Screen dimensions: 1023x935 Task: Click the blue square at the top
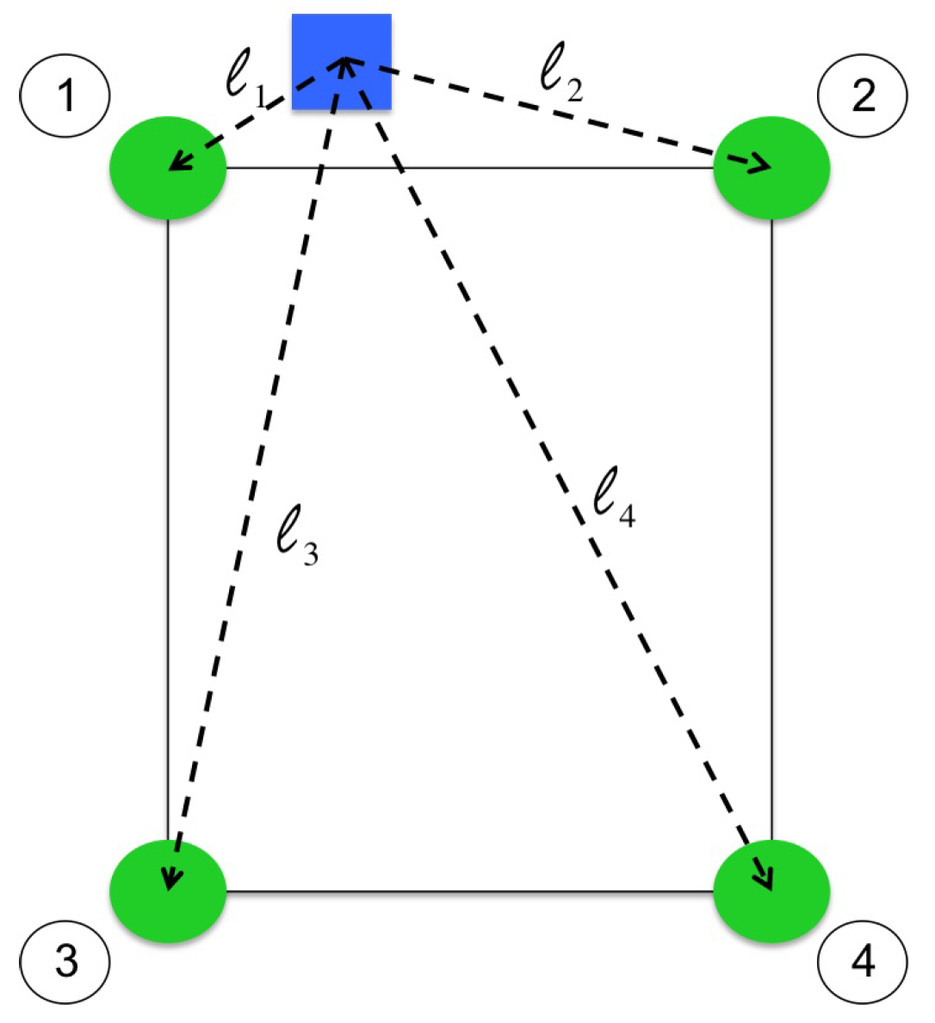tap(340, 62)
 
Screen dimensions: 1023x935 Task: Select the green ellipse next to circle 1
tap(168, 169)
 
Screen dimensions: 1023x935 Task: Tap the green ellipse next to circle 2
tap(772, 169)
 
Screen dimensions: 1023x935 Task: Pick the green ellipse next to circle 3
tap(168, 889)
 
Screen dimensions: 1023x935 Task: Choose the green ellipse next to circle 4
tap(772, 889)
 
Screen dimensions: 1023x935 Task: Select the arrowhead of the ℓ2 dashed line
tap(762, 166)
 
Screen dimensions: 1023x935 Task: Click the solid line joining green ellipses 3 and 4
tap(470, 890)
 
